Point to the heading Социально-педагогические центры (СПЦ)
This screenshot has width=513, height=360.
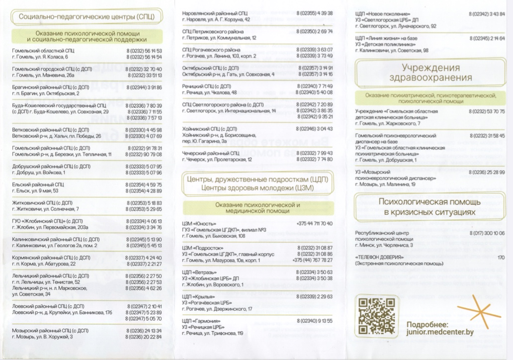click(x=86, y=17)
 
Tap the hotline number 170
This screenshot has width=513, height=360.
click(x=501, y=257)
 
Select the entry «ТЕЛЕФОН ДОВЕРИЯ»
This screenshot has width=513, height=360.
click(x=379, y=257)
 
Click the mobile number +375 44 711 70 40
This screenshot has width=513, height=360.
click(x=314, y=224)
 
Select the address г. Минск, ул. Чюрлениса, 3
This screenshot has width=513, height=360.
click(x=384, y=245)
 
